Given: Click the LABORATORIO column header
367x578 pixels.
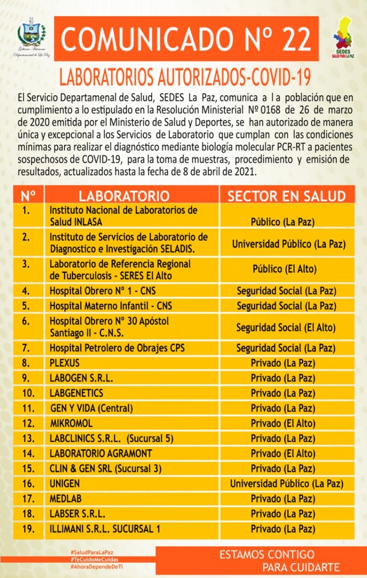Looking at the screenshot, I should [124, 196].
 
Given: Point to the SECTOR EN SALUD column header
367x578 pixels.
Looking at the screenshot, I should [286, 196].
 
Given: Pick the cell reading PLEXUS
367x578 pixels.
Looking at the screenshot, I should [65, 363].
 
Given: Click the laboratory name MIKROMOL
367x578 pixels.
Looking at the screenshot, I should [71, 423].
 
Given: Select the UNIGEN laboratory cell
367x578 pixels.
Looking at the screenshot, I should [65, 483].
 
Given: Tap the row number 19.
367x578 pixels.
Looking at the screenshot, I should [29, 529].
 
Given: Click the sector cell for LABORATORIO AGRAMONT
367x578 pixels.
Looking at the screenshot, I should [283, 453].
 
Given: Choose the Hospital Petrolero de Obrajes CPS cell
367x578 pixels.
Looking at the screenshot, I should [117, 348].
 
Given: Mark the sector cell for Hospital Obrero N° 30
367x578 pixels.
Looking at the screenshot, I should [286, 328].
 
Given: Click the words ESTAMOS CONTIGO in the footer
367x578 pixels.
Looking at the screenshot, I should [267, 555].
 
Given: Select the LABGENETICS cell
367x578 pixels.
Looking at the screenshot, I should [76, 393].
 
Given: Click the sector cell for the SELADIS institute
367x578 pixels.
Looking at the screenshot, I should [288, 244].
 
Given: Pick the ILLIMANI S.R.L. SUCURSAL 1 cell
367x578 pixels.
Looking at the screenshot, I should [105, 529].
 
